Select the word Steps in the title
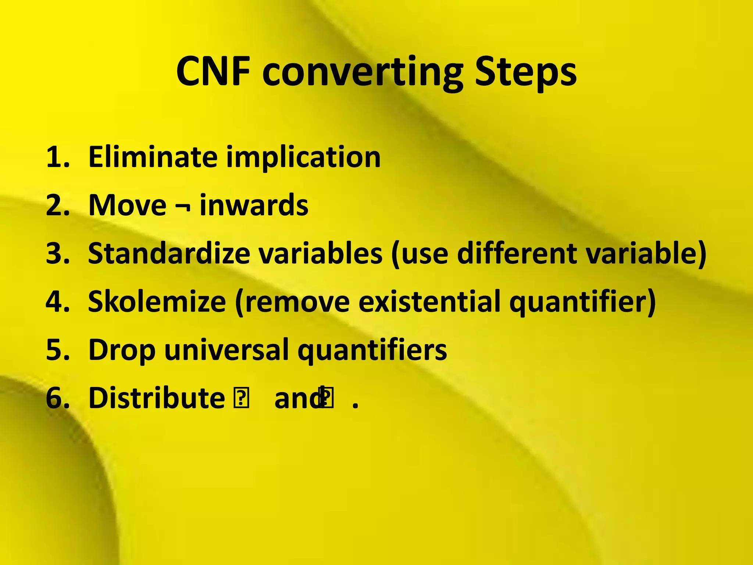coord(526,73)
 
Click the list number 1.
coord(57,157)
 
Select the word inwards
coord(254,205)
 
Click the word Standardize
coord(169,253)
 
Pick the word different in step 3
coord(517,253)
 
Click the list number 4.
coord(57,302)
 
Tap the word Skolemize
coord(157,302)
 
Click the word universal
coord(226,350)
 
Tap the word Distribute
coord(157,398)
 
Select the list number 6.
coord(57,399)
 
